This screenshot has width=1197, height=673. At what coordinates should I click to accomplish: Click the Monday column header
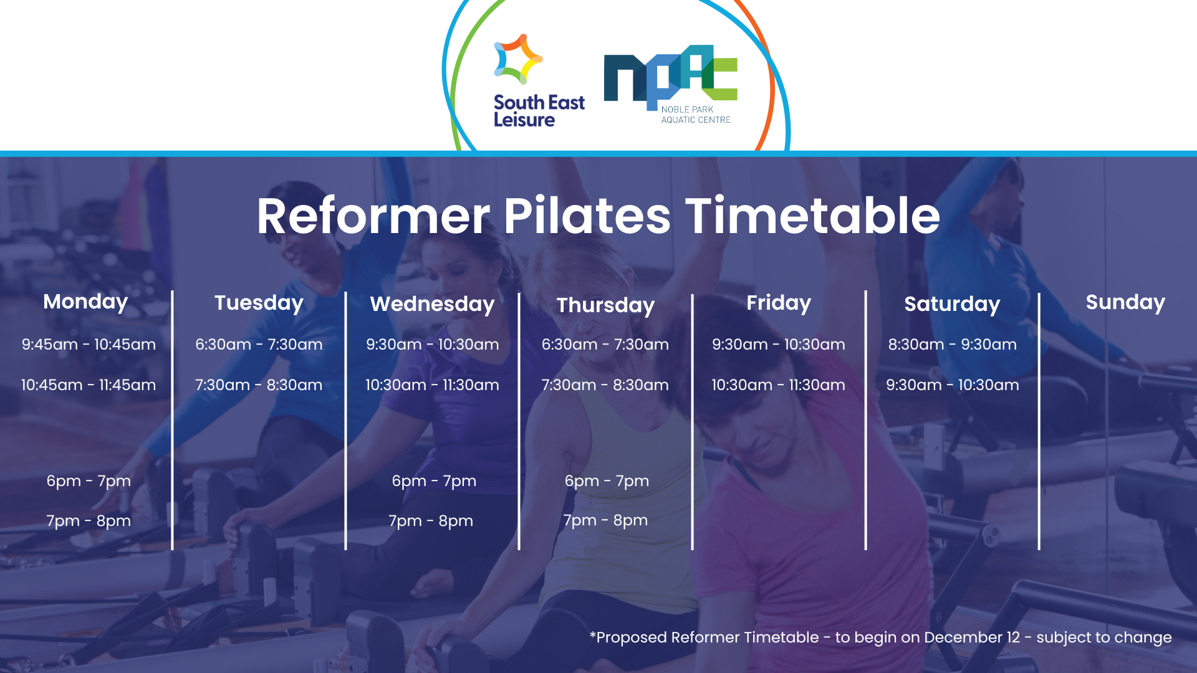[85, 302]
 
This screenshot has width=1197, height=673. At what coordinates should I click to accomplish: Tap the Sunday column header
[1125, 302]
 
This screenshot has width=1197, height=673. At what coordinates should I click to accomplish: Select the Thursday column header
[605, 305]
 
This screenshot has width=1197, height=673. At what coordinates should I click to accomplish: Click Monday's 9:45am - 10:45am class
[89, 345]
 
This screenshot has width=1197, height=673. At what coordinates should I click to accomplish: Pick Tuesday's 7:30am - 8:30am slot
[259, 385]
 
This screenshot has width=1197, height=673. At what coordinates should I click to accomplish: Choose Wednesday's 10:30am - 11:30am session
[432, 385]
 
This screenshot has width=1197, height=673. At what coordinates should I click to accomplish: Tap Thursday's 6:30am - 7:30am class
[605, 345]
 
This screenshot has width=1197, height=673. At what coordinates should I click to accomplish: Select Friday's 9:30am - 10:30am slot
[779, 345]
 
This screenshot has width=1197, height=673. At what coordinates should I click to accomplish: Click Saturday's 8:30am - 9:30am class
[952, 345]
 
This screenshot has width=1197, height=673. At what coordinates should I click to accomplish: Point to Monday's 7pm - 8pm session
[89, 521]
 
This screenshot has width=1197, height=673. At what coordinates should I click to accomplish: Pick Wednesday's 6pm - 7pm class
[434, 481]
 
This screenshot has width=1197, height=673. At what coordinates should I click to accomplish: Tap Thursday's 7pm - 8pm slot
[605, 520]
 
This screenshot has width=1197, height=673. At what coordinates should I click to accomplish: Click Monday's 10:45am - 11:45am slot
[89, 385]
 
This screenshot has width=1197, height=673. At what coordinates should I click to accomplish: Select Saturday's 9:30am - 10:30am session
[952, 385]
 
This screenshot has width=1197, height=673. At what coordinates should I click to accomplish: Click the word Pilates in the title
[587, 216]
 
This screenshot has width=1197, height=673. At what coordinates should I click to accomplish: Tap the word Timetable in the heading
[812, 216]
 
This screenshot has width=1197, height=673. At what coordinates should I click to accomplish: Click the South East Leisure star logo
[517, 59]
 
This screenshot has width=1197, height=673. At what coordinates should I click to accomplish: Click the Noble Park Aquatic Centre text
[695, 115]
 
